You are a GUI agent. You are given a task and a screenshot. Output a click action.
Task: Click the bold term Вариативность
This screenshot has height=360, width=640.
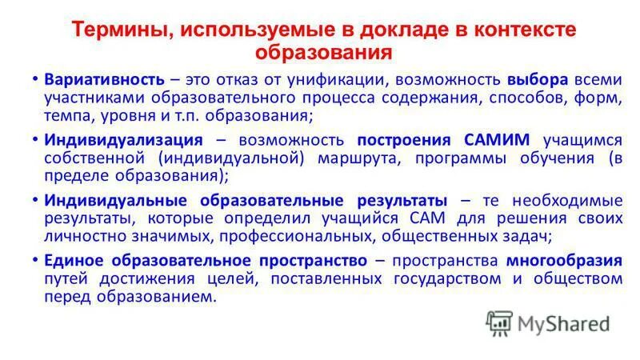(x=105, y=80)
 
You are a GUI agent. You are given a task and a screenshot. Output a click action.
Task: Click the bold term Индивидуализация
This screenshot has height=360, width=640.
(x=124, y=140)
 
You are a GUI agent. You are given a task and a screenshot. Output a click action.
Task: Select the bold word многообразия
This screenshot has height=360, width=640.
(x=563, y=261)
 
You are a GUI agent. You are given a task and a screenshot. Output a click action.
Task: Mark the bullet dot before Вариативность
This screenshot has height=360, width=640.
(x=34, y=80)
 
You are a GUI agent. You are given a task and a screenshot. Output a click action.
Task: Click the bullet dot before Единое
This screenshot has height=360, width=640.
(x=34, y=261)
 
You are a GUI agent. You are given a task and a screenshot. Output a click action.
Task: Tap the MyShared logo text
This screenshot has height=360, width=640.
(x=563, y=324)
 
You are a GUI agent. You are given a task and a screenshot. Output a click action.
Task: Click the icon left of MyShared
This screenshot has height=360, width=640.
(x=498, y=323)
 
